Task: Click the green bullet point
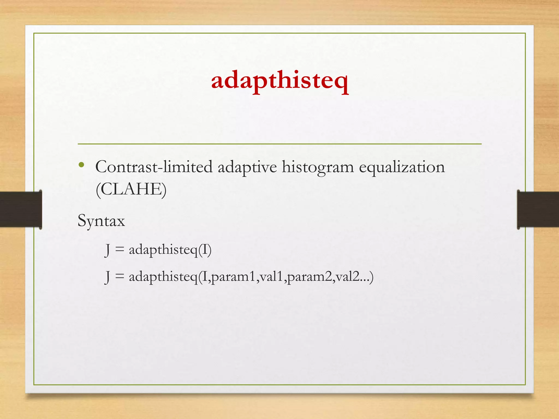click(x=81, y=165)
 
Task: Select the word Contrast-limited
click(x=154, y=167)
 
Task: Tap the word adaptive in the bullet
click(x=247, y=167)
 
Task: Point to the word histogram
click(x=317, y=167)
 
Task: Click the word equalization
click(x=402, y=167)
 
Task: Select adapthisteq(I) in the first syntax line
click(x=170, y=250)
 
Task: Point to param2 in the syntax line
click(x=310, y=277)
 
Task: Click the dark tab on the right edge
click(x=538, y=209)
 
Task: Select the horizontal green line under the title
click(x=279, y=144)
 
